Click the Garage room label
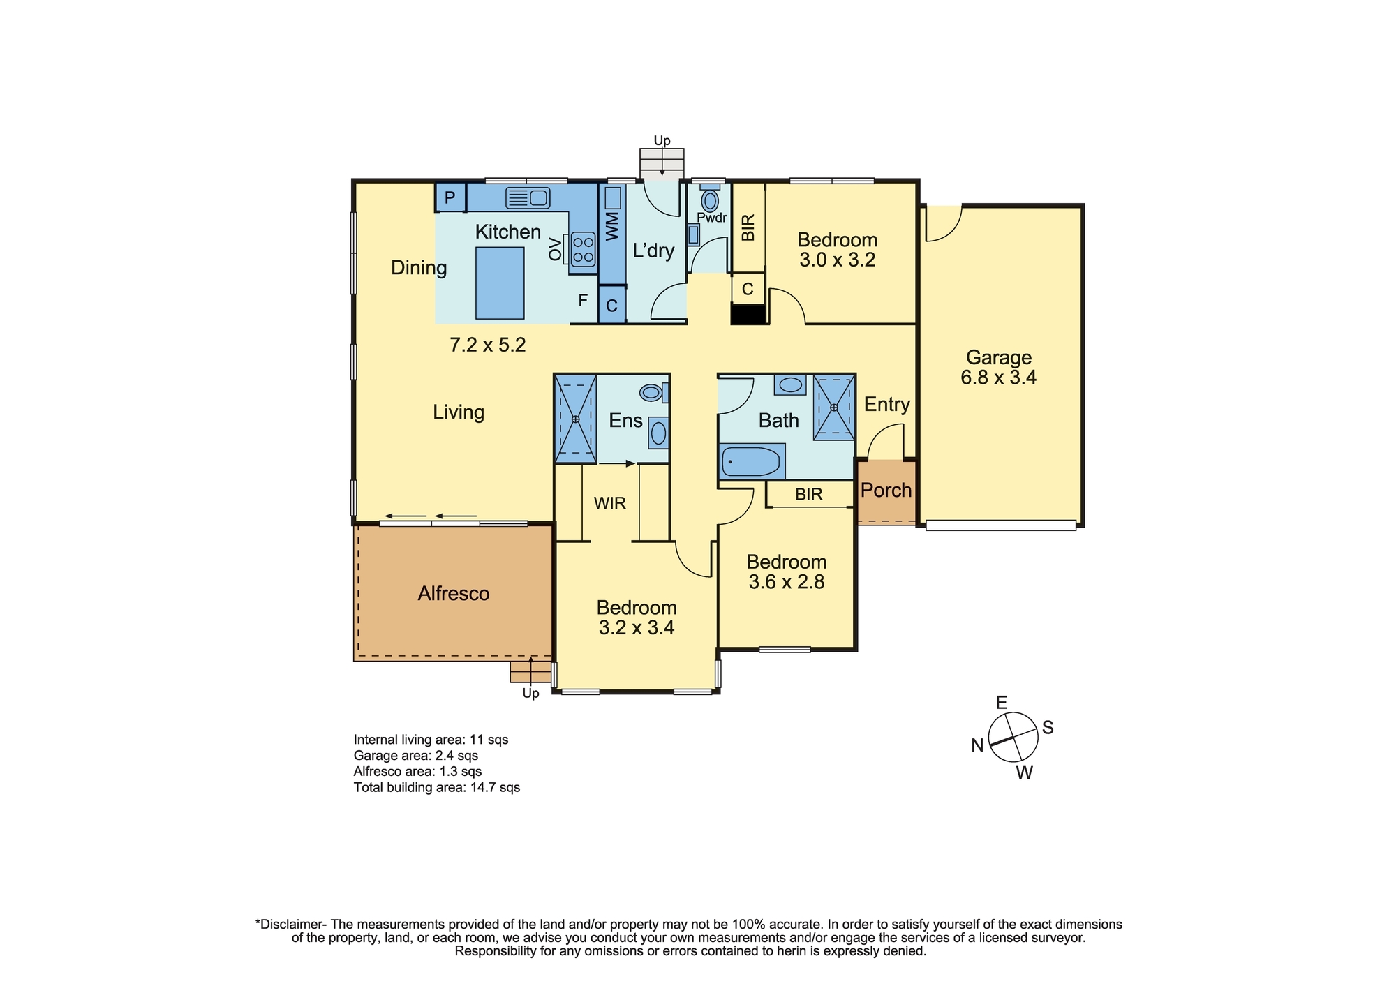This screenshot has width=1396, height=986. point(998,357)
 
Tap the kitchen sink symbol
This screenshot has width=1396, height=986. point(528,198)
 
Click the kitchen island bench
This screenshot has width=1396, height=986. point(500,283)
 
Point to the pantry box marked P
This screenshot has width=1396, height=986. point(450,198)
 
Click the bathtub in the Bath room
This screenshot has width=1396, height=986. point(751,462)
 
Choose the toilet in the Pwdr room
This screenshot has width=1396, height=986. point(710,200)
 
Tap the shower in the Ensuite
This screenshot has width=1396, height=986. point(575,419)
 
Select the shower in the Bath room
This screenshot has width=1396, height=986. point(833,408)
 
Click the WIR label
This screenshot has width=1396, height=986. point(610,503)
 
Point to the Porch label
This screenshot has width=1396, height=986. point(886,490)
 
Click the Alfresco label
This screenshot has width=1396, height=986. point(454,593)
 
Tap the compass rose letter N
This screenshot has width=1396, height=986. point(977,745)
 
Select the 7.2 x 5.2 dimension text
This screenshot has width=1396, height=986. point(487,345)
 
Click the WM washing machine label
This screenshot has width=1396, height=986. point(613,227)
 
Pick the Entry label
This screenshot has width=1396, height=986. point(886,405)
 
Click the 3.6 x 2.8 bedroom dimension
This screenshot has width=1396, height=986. point(787,582)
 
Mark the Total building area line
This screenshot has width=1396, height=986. point(437,788)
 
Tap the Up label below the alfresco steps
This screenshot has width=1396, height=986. point(531,694)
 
